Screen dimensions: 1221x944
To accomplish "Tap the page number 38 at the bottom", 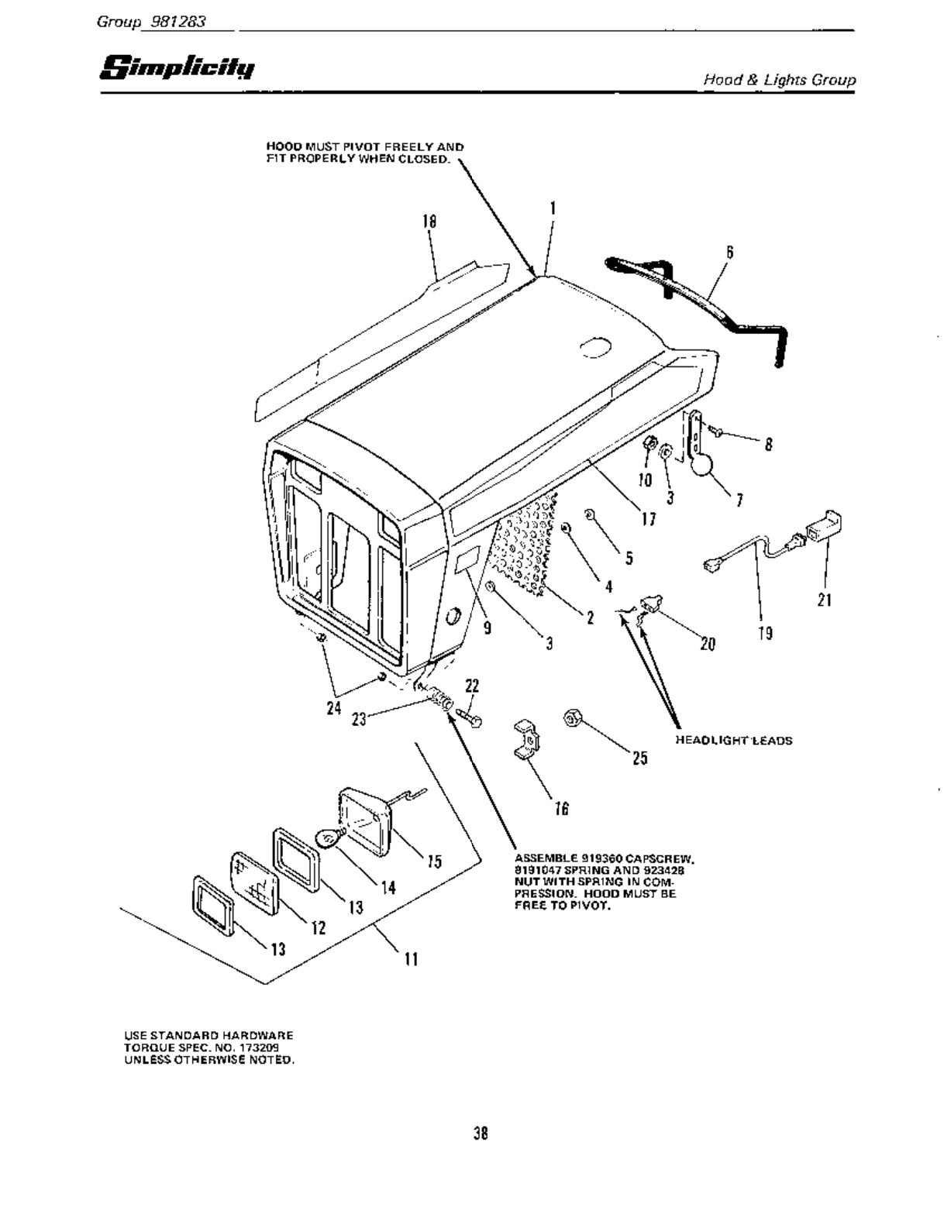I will [481, 1133].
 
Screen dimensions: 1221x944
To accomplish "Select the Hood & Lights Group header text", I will [778, 80].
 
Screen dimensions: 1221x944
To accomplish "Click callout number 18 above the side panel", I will [429, 222].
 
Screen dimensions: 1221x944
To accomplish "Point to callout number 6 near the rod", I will [729, 252].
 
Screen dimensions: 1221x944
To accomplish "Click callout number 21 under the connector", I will [824, 599].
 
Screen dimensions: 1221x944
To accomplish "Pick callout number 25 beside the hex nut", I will [639, 758].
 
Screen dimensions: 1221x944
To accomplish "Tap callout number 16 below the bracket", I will [562, 809].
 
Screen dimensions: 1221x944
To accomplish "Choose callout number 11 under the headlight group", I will [412, 959].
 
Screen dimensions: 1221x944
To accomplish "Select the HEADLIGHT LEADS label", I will [734, 740].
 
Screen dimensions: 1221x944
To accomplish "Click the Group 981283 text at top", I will [150, 22].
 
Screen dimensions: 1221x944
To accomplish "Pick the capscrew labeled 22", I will [467, 717].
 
